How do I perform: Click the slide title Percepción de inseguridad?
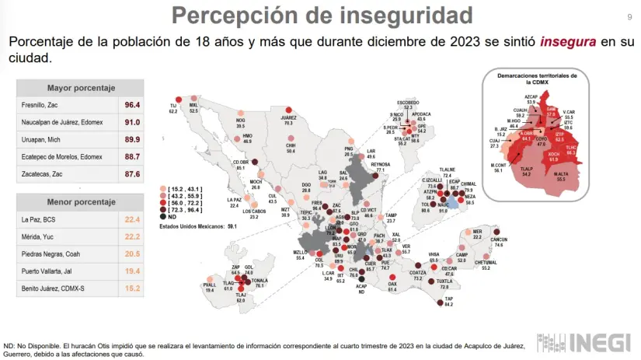(322, 14)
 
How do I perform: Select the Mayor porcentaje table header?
(81, 87)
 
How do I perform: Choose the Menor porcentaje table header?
(81, 203)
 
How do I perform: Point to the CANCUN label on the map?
(499, 239)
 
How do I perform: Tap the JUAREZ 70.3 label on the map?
(288, 120)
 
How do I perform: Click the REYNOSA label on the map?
(380, 165)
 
